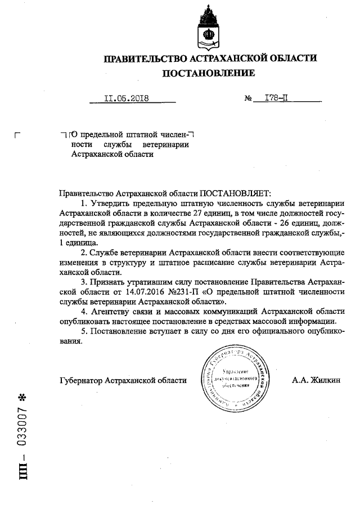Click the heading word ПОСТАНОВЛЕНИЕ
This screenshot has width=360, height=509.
tap(208, 73)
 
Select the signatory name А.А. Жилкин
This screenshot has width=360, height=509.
tap(316, 380)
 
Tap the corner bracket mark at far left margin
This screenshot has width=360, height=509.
tap(17, 135)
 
